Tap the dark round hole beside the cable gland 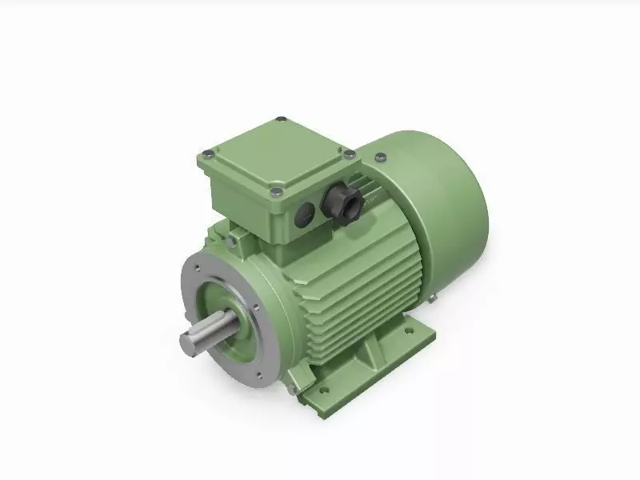click(305, 212)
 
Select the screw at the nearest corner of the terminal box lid click(274, 190)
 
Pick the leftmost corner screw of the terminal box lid click(206, 153)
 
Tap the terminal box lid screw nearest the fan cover click(349, 152)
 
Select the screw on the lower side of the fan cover click(432, 299)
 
